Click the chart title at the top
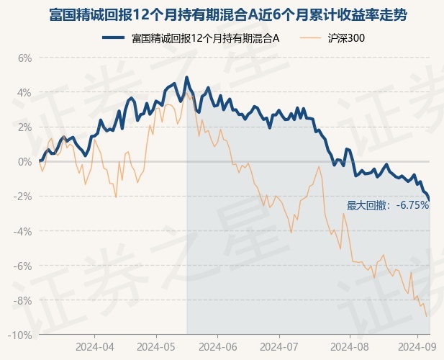coord(222,14)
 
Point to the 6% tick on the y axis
coord(24,58)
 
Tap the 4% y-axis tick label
coord(24,92)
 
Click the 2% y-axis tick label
coord(24,127)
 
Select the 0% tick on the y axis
coord(24,161)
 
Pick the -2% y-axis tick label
coord(23,197)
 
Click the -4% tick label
coord(23,231)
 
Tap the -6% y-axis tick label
coord(23,266)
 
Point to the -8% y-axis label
coord(23,300)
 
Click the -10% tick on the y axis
coord(21,335)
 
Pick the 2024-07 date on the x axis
coord(282,346)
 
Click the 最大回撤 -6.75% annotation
coord(387,205)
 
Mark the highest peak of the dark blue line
coord(186,77)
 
